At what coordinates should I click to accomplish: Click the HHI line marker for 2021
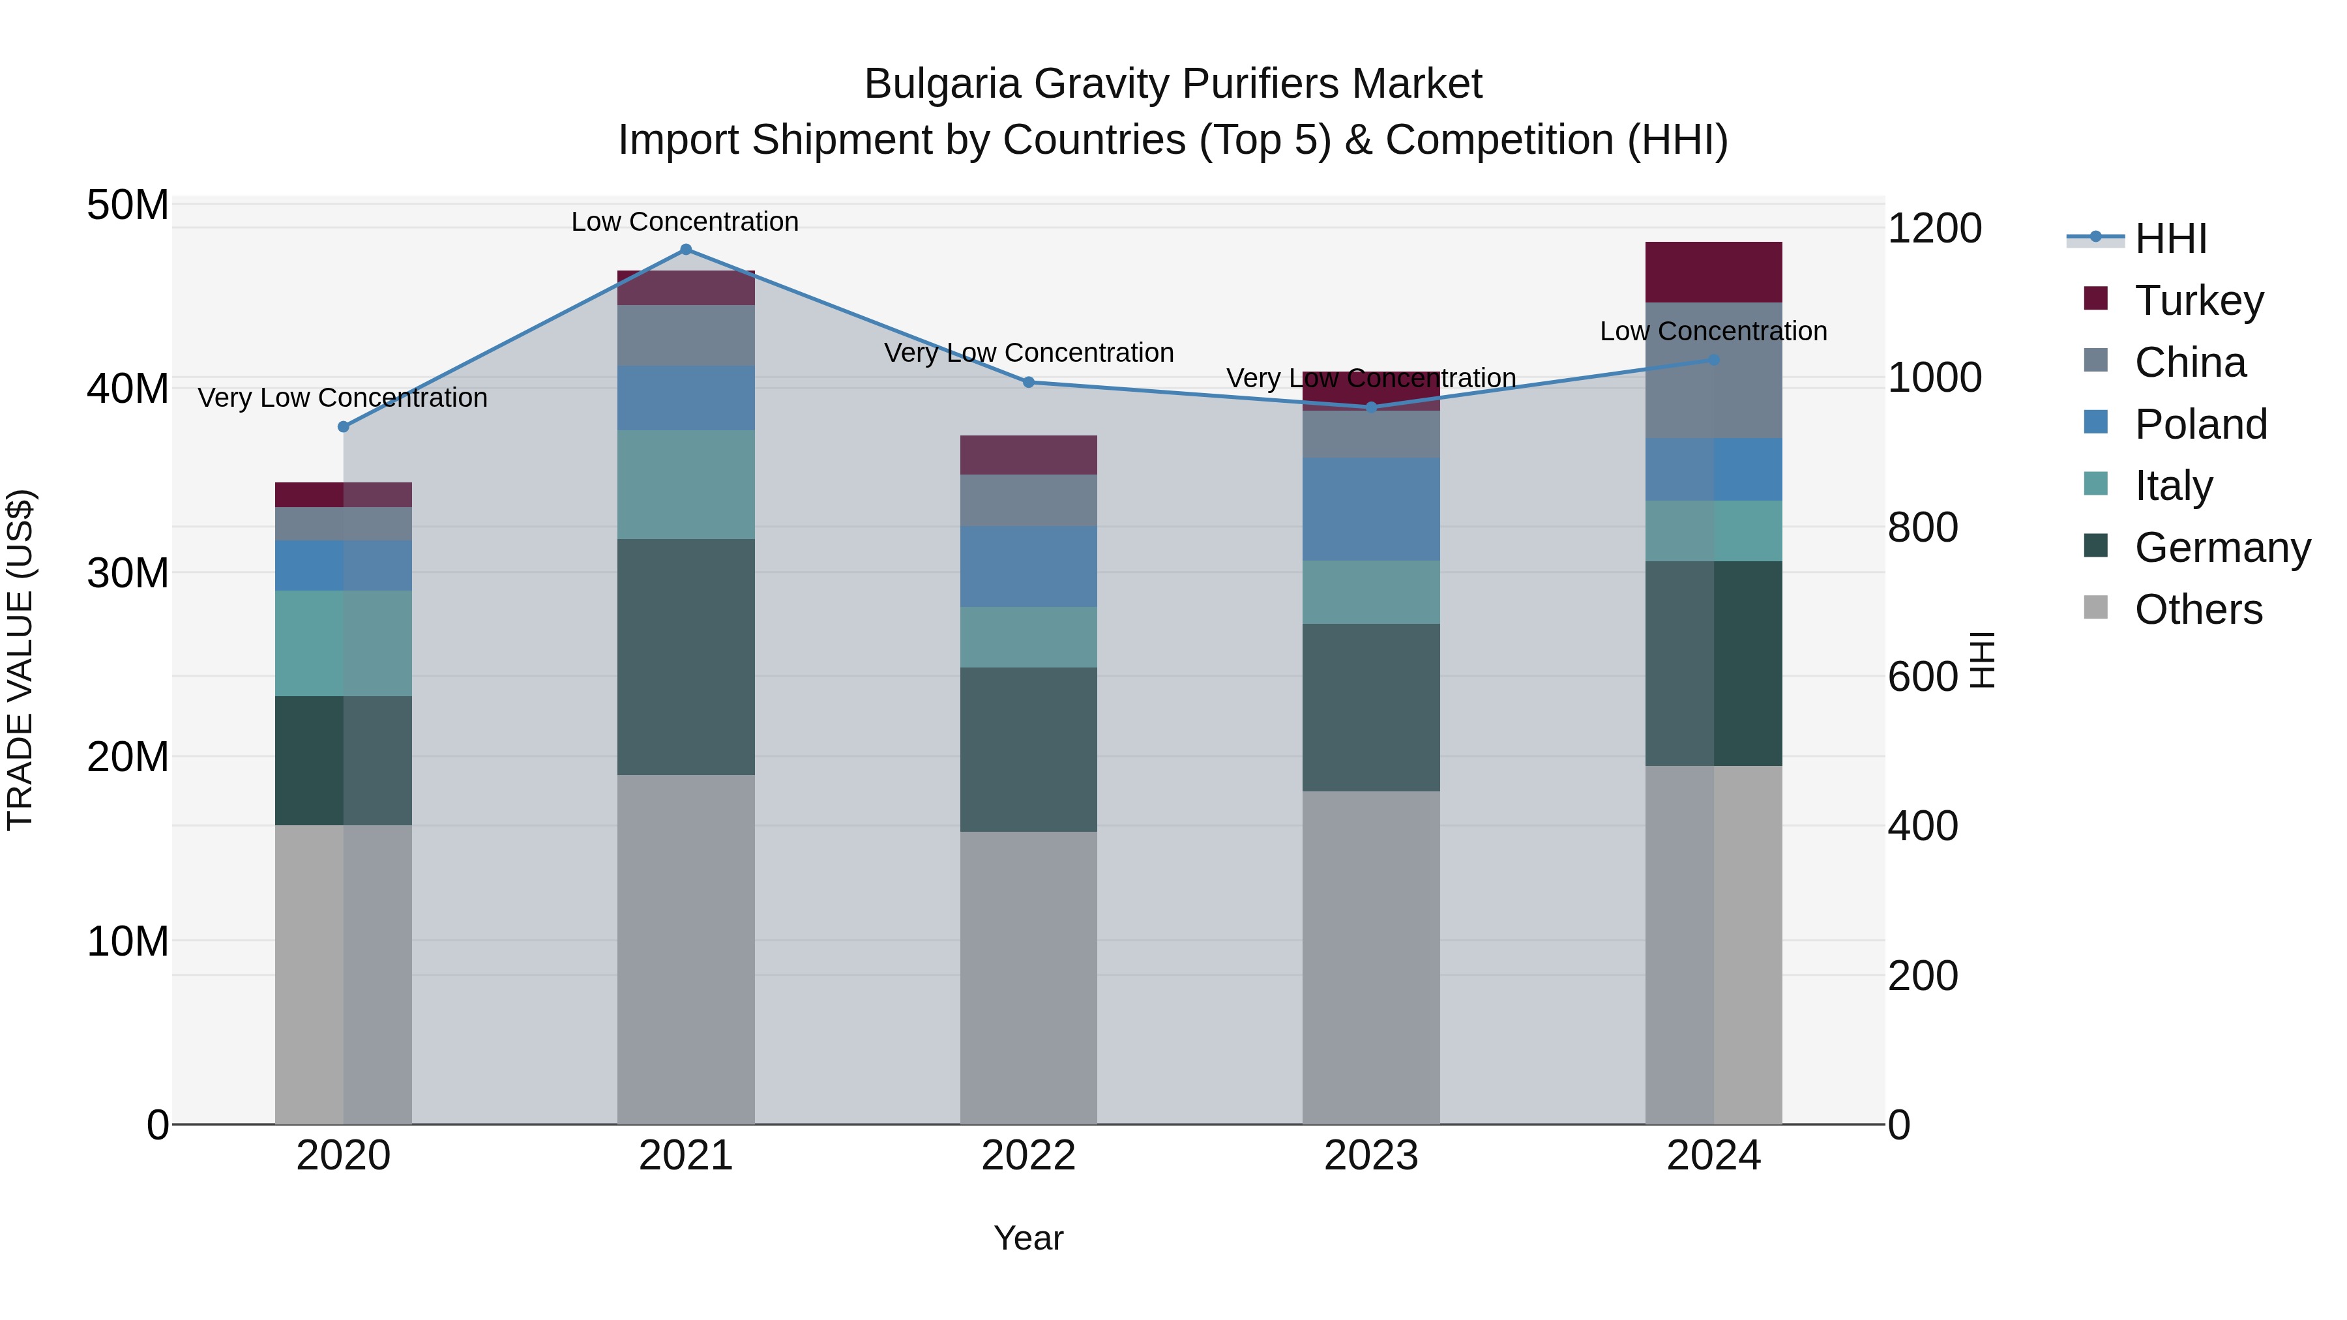(x=686, y=250)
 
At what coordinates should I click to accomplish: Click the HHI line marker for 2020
(x=344, y=426)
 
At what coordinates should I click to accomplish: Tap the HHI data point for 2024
(x=1714, y=360)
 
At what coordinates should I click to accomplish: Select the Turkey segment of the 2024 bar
(x=1714, y=272)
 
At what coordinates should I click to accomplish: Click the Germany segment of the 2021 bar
(x=686, y=657)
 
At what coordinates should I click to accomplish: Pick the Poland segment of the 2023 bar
(x=1371, y=508)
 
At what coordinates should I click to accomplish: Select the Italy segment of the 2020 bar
(x=344, y=643)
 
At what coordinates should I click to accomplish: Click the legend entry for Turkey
(x=2198, y=301)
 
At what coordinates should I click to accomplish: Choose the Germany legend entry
(x=2221, y=548)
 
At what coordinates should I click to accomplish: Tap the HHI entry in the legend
(x=2170, y=239)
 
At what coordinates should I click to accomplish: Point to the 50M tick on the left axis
(x=128, y=205)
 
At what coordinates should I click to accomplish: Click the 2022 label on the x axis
(x=1029, y=1156)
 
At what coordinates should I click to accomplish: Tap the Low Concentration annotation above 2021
(x=685, y=222)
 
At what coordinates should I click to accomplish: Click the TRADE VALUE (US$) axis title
(x=20, y=660)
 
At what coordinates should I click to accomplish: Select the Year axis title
(x=1029, y=1238)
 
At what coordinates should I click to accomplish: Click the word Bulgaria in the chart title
(x=942, y=84)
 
